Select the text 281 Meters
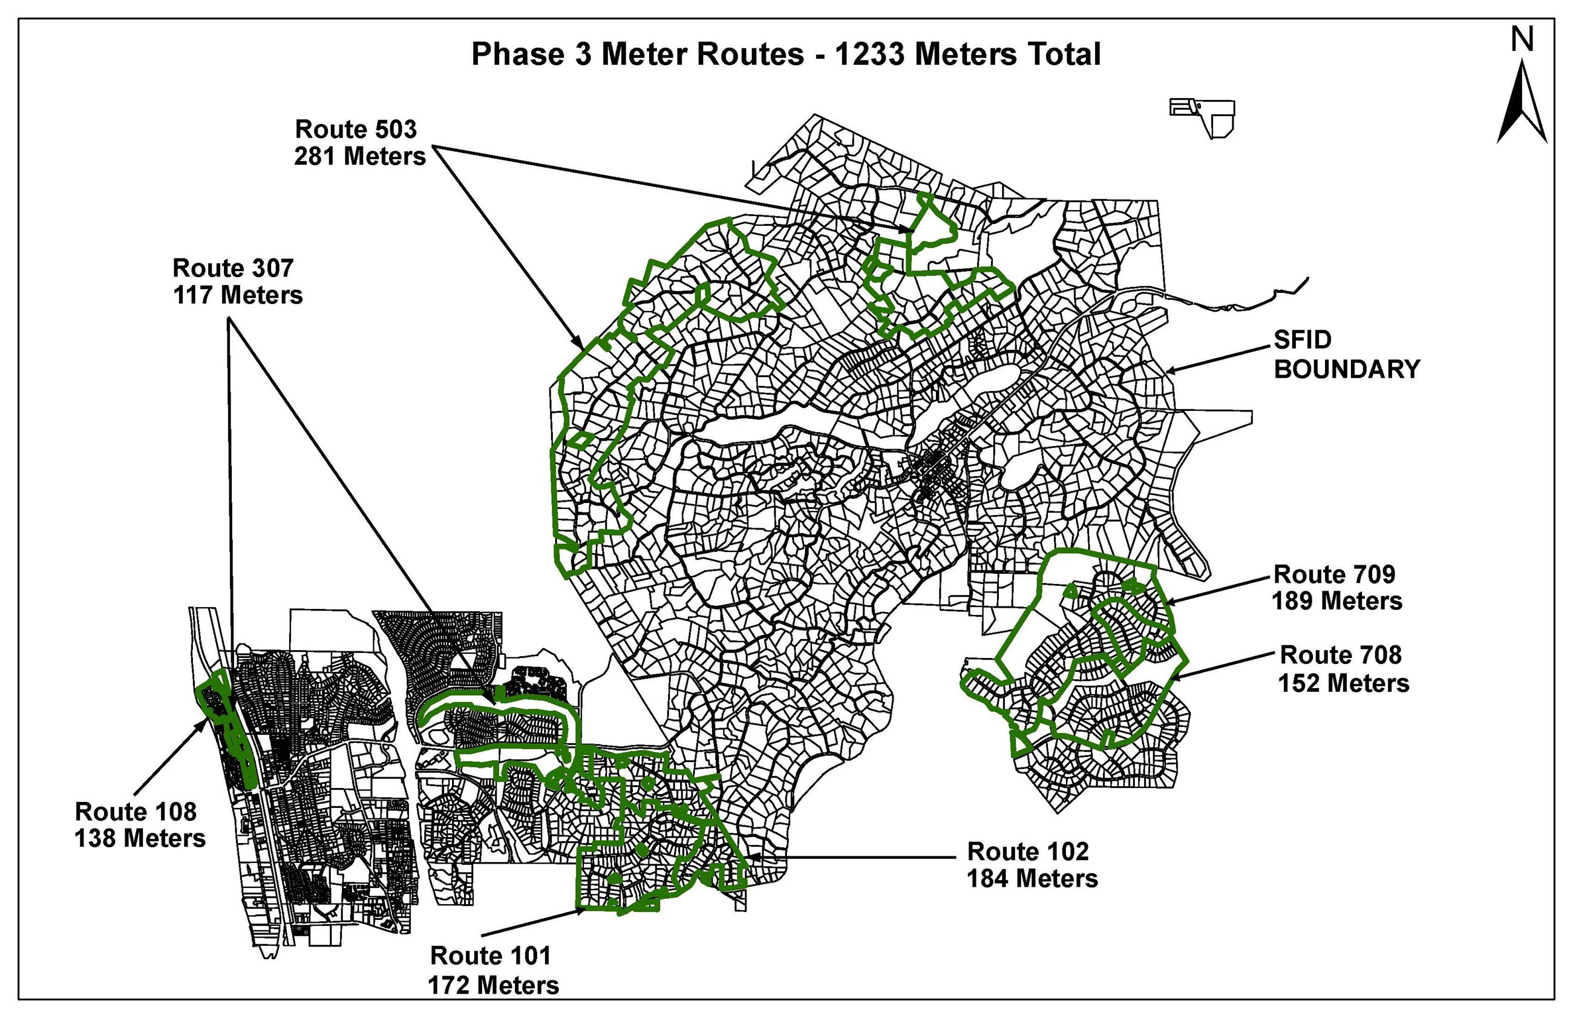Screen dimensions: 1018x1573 click(x=359, y=157)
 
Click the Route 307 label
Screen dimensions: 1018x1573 click(x=232, y=268)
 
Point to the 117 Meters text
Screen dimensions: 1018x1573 click(x=237, y=295)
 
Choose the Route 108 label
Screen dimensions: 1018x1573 click(x=136, y=811)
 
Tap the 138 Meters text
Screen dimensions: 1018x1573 click(x=139, y=838)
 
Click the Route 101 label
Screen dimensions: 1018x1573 click(x=490, y=955)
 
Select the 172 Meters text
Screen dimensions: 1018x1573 click(x=493, y=985)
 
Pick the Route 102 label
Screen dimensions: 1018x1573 click(x=1027, y=852)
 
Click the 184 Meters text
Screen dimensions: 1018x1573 click(x=1032, y=879)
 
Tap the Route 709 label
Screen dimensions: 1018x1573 click(x=1334, y=574)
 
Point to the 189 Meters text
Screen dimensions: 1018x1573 click(x=1336, y=601)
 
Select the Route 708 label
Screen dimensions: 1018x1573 click(x=1341, y=654)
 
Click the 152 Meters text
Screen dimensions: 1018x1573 click(x=1343, y=683)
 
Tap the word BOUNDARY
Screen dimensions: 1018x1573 click(x=1346, y=369)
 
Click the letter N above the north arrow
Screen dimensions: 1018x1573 click(x=1522, y=41)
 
